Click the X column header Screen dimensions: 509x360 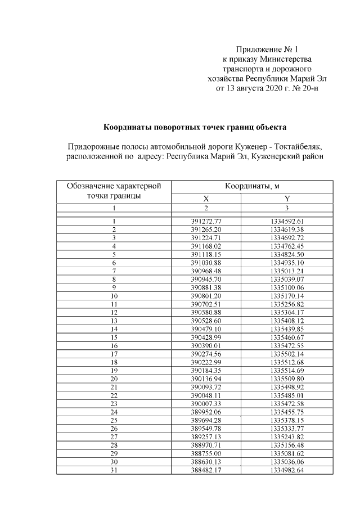206,199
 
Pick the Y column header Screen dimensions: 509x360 287,199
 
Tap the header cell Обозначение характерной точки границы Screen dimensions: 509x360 114,191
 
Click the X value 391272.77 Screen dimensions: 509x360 206,222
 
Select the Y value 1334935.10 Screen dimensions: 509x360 287,262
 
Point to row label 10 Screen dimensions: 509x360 114,295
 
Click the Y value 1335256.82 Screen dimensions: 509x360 287,303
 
